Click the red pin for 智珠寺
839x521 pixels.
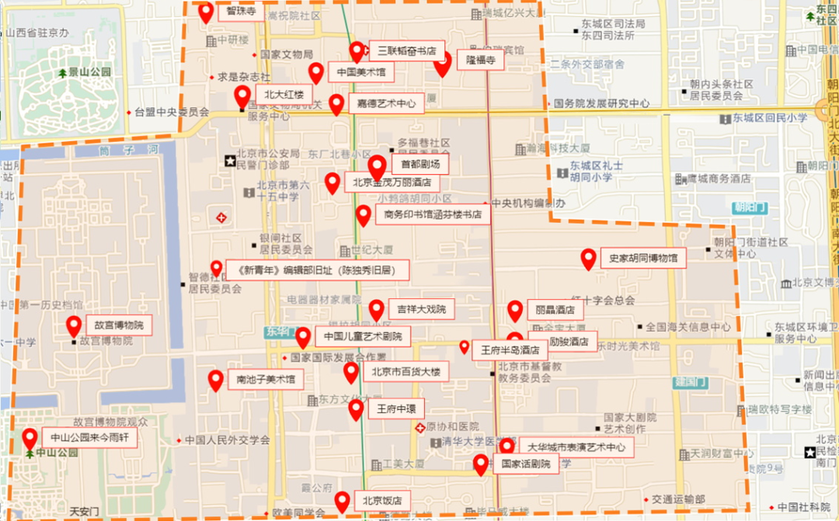[206, 12]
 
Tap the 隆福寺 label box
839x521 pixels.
[480, 59]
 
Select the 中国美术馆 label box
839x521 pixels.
[360, 73]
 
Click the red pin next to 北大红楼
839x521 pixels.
[242, 96]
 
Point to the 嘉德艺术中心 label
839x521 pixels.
[385, 103]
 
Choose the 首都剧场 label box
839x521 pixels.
[419, 165]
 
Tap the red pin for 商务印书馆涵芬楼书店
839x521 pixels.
[363, 214]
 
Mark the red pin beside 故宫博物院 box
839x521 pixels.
[74, 325]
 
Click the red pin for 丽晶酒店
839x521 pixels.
[515, 310]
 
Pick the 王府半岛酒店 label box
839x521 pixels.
[510, 350]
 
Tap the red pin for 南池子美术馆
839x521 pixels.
[216, 380]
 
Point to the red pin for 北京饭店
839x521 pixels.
[342, 501]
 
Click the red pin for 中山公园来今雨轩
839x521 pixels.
[30, 439]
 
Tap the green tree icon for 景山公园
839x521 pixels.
[62, 73]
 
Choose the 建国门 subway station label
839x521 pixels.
[688, 383]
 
